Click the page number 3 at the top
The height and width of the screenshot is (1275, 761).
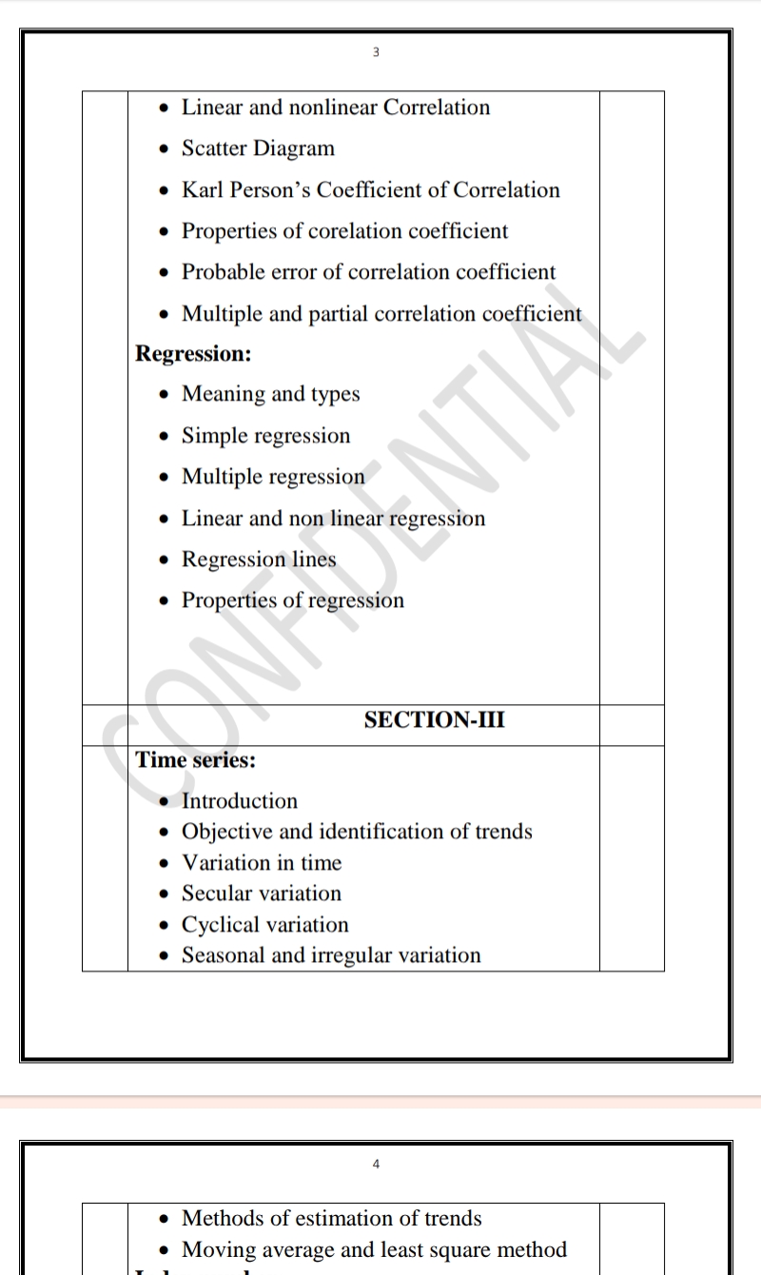(x=376, y=52)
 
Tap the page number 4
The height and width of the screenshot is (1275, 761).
(x=376, y=1164)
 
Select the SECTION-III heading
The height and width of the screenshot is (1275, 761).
(x=435, y=720)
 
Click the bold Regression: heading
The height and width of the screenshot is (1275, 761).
(x=193, y=354)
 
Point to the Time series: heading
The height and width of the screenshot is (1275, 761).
(x=196, y=760)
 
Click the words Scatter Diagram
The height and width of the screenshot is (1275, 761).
(x=258, y=148)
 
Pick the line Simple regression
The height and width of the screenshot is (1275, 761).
(x=265, y=436)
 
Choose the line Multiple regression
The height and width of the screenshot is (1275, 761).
(x=273, y=477)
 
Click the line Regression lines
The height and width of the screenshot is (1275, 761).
(x=259, y=559)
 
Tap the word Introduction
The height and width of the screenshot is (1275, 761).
(x=240, y=801)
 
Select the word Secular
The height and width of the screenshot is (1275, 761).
(x=215, y=893)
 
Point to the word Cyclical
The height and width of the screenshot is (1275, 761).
(x=217, y=925)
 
